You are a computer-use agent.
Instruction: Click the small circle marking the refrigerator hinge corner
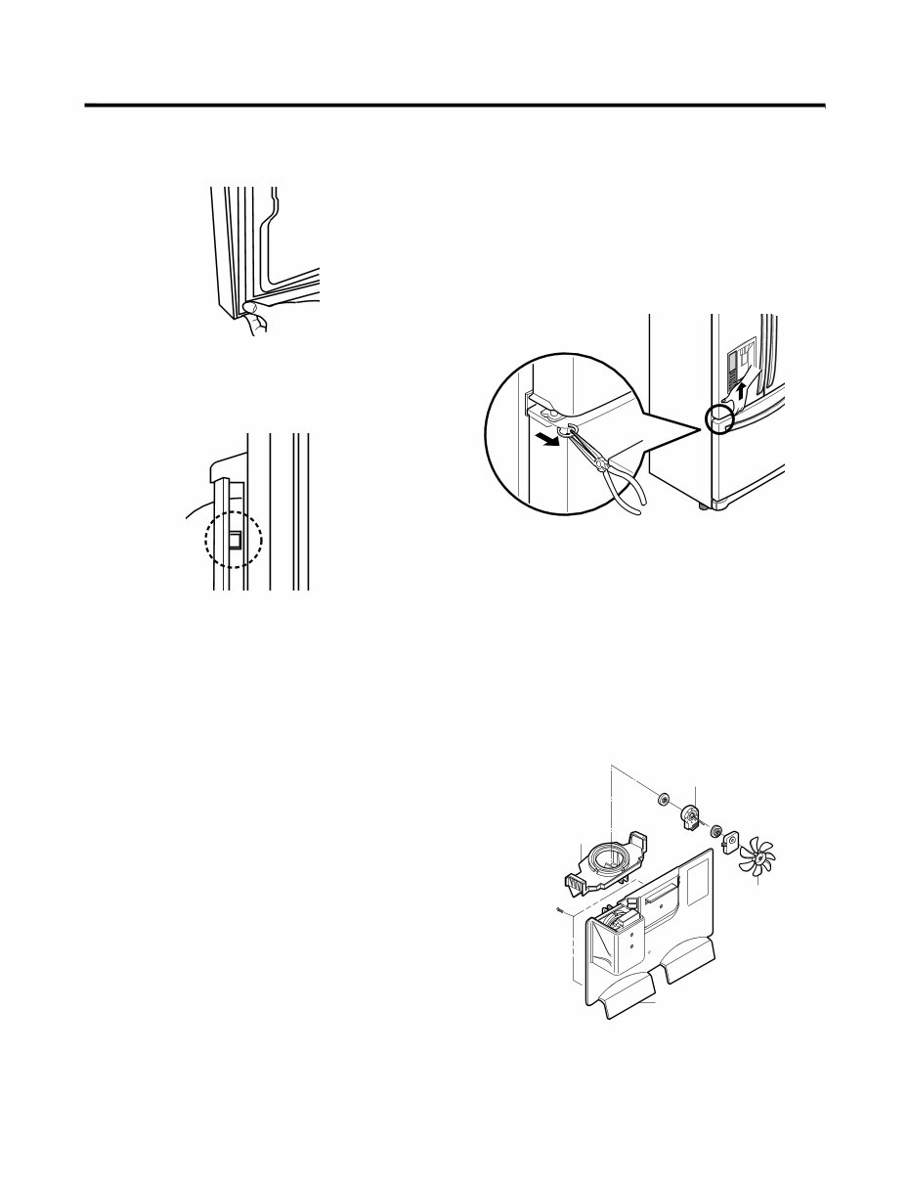pyautogui.click(x=721, y=417)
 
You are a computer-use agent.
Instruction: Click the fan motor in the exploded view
pyautogui.click(x=693, y=816)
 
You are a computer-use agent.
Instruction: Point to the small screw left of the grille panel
pyautogui.click(x=557, y=910)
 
